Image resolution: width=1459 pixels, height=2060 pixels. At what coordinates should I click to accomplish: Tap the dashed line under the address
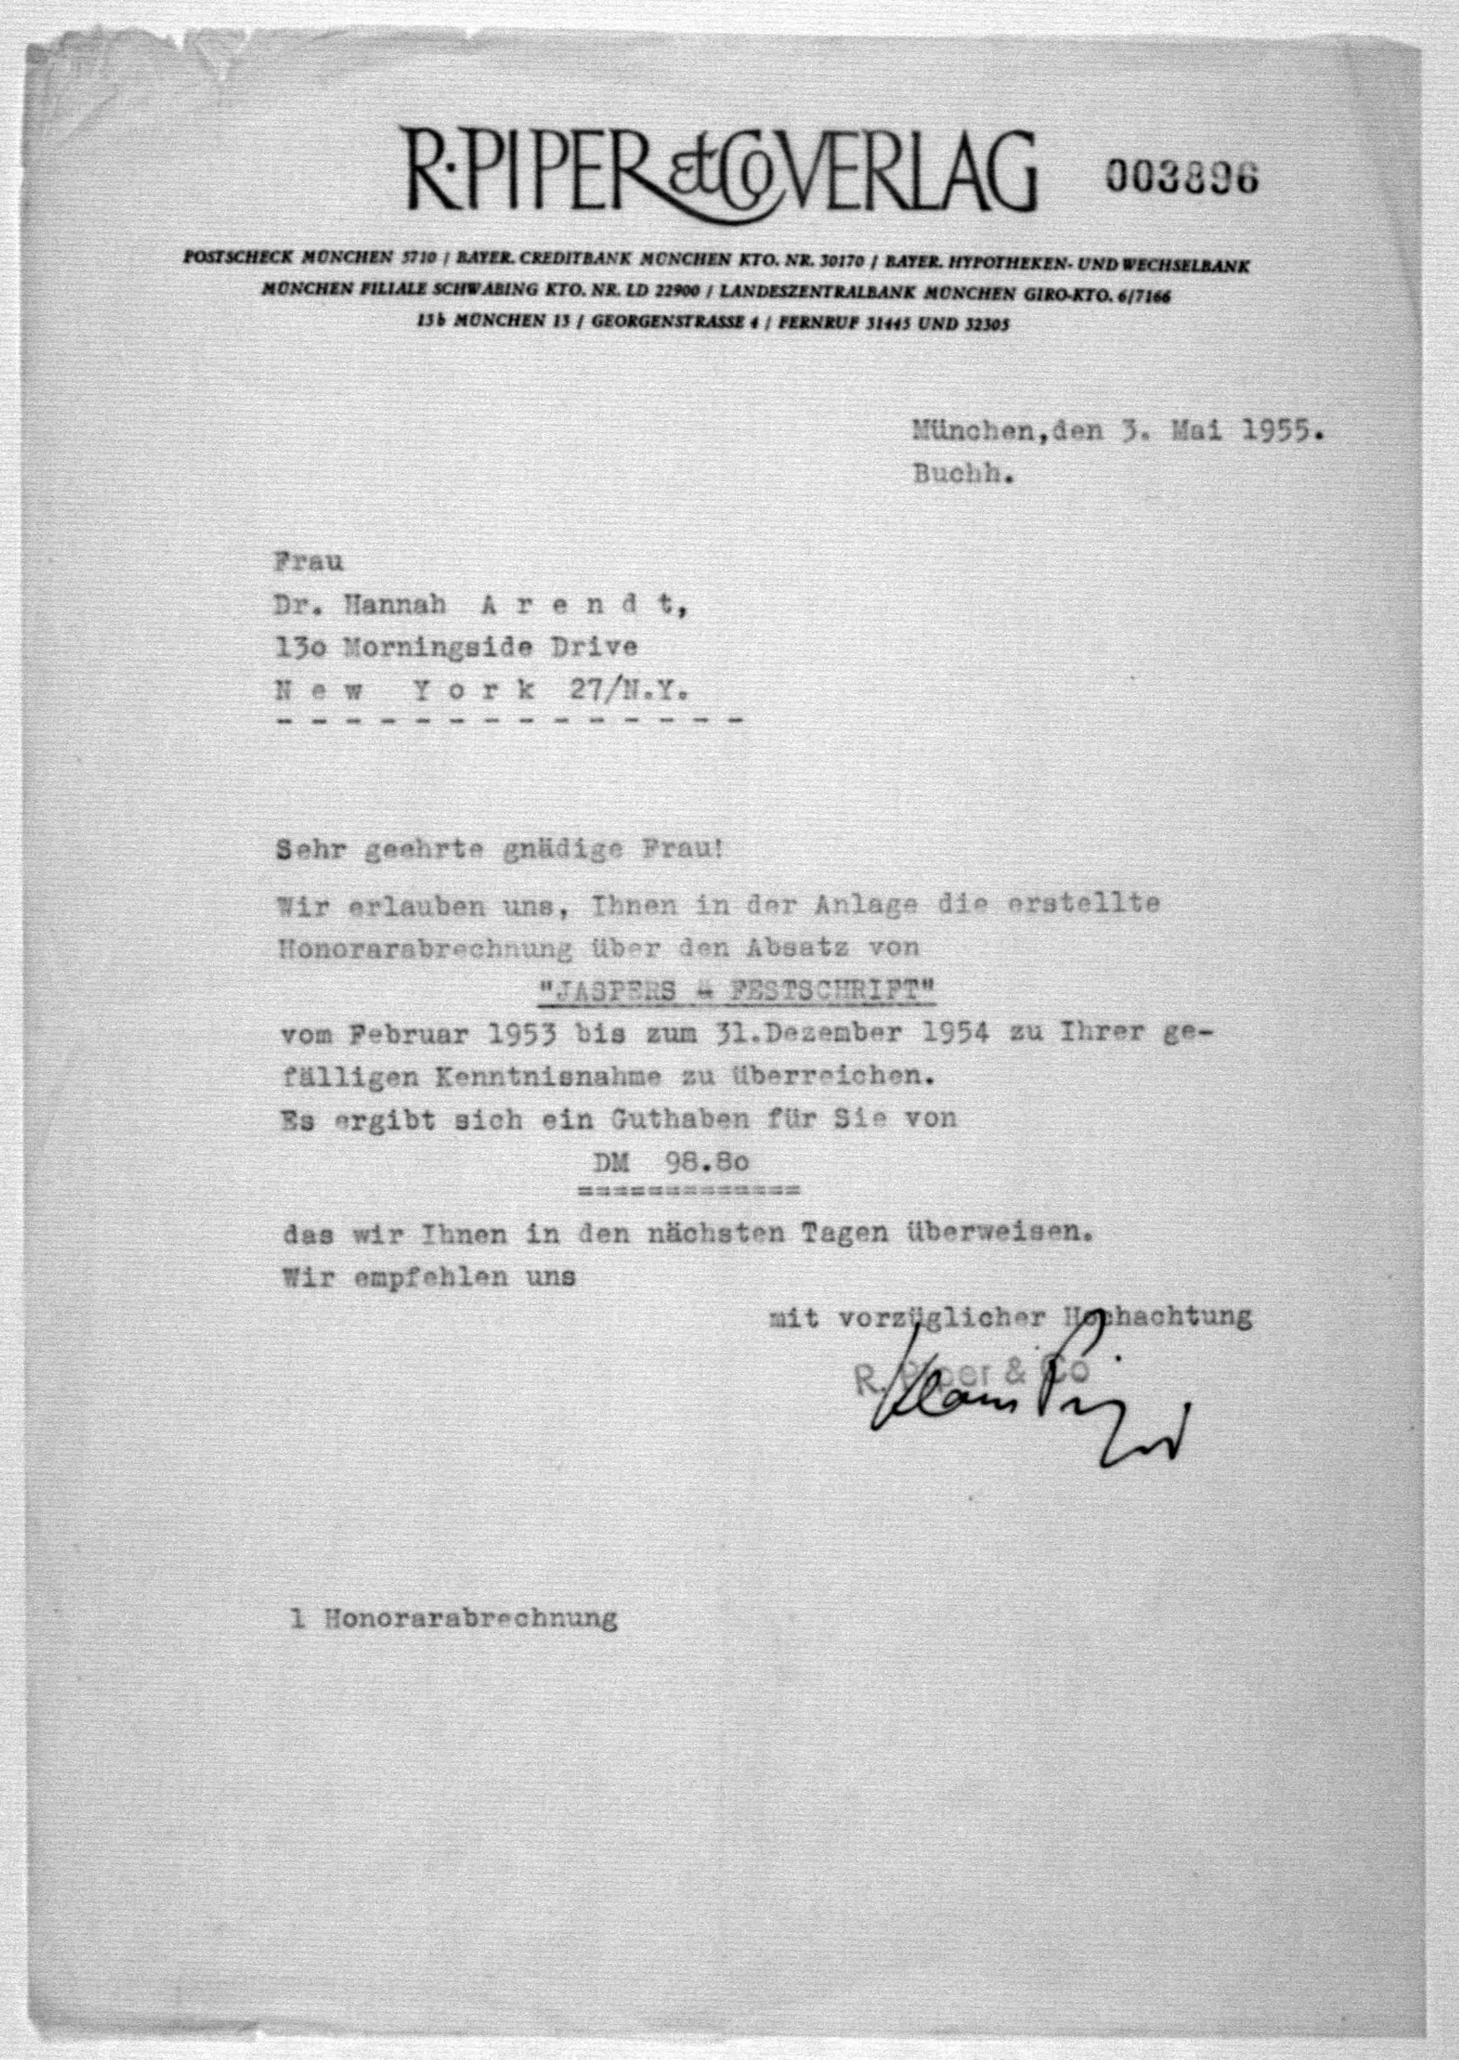[x=510, y=720]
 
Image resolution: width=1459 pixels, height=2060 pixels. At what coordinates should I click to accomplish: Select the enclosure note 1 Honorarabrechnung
[x=454, y=1619]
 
